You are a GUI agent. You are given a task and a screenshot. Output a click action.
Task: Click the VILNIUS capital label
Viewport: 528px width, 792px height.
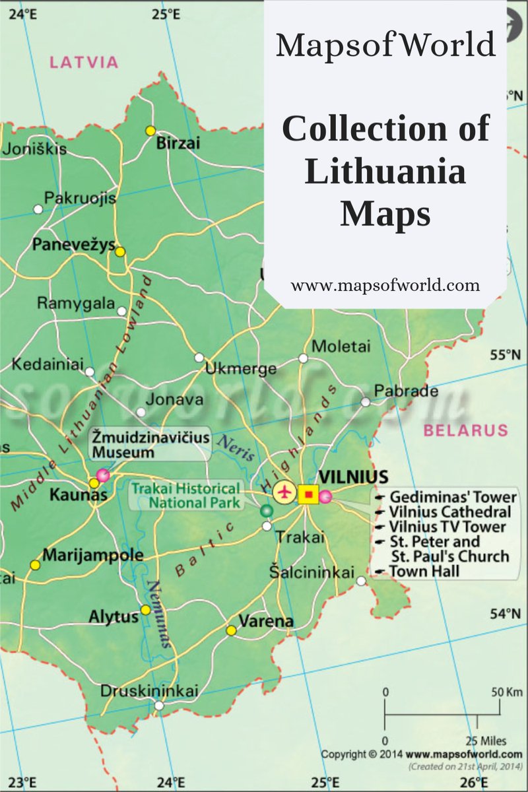[x=353, y=477]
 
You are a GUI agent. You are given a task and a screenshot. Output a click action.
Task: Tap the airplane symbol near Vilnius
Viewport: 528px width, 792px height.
[x=285, y=492]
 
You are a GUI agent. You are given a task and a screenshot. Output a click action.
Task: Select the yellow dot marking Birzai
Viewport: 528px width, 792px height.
[x=150, y=130]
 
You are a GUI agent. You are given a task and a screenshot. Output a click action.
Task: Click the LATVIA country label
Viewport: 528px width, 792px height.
[x=84, y=63]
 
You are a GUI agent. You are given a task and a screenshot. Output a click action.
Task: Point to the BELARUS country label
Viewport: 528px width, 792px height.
[x=465, y=431]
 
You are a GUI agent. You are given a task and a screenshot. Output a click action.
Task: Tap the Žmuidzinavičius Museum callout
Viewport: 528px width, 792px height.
[x=150, y=444]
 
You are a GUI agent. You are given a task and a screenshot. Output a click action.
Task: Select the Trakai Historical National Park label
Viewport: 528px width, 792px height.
[x=186, y=496]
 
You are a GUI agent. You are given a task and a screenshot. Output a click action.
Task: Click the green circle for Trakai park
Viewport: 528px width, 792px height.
[x=266, y=511]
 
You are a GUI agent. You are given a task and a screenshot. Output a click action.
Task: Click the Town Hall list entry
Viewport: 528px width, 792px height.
[x=419, y=571]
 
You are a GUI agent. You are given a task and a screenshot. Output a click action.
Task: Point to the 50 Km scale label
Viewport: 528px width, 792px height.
[x=506, y=692]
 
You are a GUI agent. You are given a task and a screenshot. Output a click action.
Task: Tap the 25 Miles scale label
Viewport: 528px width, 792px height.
[x=486, y=741]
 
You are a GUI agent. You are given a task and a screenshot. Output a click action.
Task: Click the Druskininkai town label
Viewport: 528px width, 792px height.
[x=149, y=691]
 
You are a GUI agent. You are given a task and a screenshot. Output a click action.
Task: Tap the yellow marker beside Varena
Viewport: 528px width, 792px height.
[x=231, y=631]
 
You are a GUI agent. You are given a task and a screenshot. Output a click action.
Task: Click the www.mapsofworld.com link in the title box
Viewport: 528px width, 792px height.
[x=385, y=286]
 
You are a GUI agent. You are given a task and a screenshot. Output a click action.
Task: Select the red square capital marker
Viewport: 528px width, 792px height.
[x=308, y=494]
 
